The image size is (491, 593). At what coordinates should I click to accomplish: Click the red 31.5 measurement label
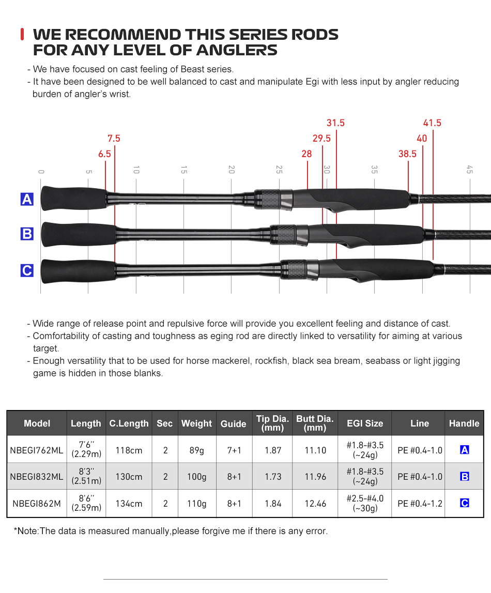click(335, 123)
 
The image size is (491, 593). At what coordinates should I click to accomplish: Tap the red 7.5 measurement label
click(114, 139)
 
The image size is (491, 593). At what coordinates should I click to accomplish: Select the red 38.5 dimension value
click(407, 154)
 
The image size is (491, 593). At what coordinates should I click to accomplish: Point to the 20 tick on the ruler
click(231, 170)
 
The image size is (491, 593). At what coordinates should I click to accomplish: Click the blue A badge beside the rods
click(27, 199)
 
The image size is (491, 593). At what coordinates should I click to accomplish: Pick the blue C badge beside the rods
click(27, 270)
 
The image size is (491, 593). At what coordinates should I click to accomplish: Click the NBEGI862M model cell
click(37, 504)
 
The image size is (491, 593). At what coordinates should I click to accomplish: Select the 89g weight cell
click(196, 450)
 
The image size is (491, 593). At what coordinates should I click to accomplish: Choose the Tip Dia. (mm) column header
click(273, 423)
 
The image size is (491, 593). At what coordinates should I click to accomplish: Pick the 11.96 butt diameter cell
click(315, 477)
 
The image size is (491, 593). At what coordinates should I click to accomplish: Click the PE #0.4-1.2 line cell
click(420, 504)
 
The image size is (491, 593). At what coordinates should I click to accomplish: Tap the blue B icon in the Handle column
click(464, 477)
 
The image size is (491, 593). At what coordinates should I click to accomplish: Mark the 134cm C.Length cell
click(129, 504)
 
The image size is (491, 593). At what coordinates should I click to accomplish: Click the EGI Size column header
click(365, 423)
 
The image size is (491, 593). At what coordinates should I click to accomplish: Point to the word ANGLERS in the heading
click(237, 50)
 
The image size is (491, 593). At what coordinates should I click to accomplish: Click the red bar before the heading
click(22, 35)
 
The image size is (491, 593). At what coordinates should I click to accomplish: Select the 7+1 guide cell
click(234, 450)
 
